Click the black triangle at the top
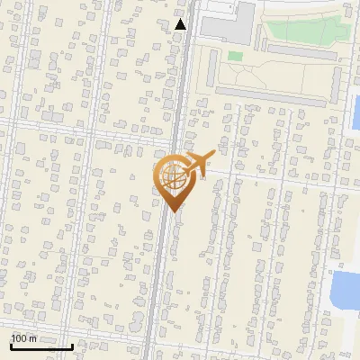181,24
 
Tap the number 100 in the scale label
20,338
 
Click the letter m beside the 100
32,338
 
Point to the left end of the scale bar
11,346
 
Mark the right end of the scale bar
72,346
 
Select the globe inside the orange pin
171,175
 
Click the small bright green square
235,56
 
